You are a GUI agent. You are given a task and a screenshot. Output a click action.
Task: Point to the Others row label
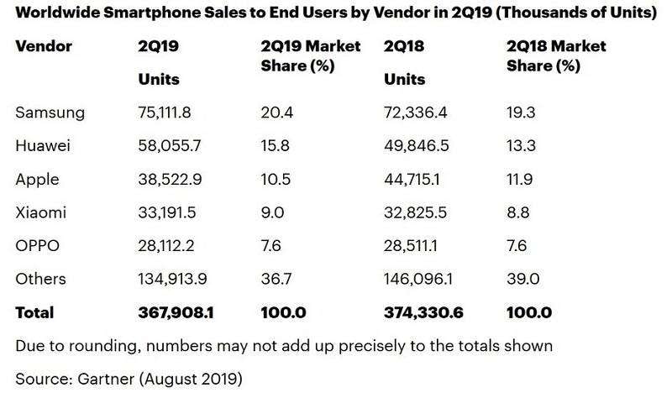pos(39,279)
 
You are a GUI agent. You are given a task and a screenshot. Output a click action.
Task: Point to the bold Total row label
pos(34,312)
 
